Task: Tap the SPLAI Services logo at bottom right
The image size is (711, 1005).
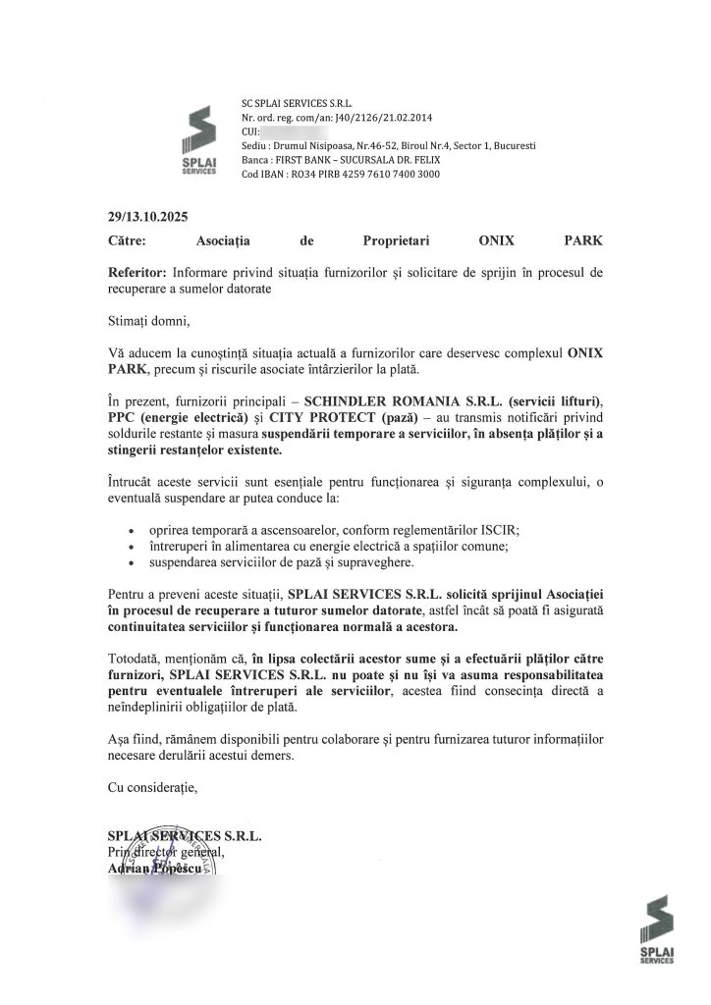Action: [x=655, y=931]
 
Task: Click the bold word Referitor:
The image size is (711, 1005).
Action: [x=137, y=270]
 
